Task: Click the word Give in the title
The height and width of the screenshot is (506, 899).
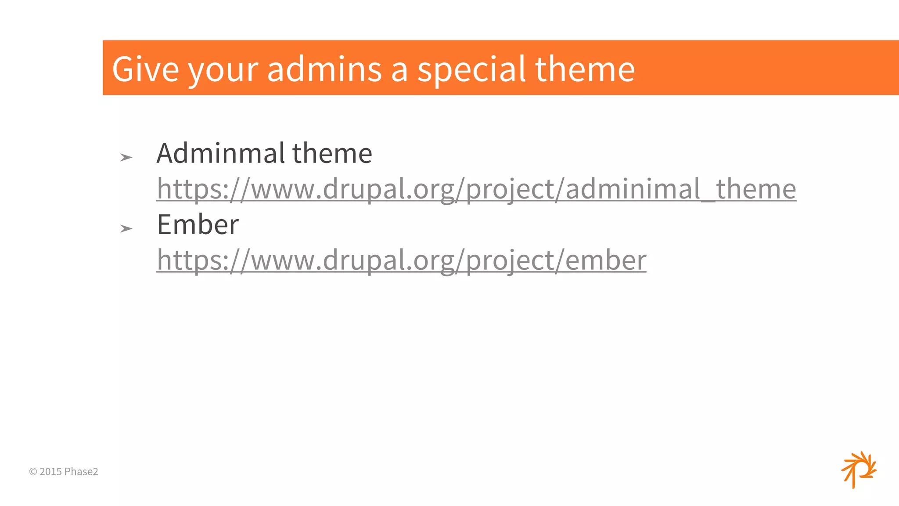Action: click(x=145, y=69)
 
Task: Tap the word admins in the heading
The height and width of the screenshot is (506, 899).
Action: click(x=324, y=69)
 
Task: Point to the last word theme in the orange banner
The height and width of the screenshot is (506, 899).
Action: click(x=585, y=69)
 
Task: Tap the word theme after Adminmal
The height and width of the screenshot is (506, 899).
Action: click(x=332, y=153)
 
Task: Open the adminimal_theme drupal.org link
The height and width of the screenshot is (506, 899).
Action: click(x=476, y=189)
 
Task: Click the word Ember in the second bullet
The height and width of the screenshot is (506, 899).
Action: click(x=198, y=224)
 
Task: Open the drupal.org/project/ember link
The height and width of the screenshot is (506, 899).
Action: click(x=401, y=260)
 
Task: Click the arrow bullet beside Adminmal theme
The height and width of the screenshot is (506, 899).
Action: click(x=126, y=157)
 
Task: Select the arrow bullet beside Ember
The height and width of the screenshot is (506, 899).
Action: click(x=126, y=228)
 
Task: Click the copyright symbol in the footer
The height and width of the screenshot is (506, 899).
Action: click(x=33, y=472)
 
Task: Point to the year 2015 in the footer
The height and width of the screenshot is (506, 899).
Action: click(x=50, y=472)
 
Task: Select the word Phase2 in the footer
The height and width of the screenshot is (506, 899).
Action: click(x=81, y=472)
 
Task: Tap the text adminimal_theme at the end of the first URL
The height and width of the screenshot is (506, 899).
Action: click(x=680, y=189)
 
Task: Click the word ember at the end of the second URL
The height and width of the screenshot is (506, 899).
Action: click(x=606, y=260)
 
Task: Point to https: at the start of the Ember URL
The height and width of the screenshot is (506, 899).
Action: click(x=193, y=260)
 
